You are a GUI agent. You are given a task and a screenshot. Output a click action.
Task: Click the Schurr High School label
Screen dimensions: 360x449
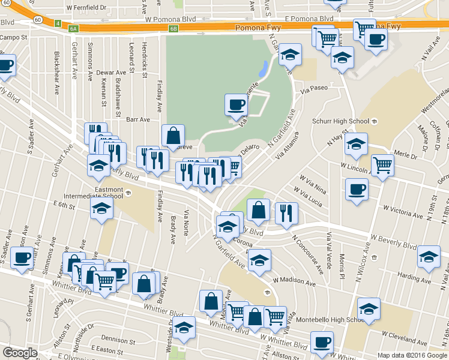pos(340,121)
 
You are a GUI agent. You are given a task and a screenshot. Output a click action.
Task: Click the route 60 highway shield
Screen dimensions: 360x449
pos(37,20)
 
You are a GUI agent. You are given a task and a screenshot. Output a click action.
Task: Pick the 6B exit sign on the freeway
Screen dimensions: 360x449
pos(174,28)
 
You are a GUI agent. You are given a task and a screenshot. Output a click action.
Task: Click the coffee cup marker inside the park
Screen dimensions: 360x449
pos(235,105)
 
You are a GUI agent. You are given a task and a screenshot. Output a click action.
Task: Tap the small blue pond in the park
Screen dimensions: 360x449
pos(263,68)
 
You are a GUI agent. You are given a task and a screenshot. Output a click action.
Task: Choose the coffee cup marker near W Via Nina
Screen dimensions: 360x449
pos(357,189)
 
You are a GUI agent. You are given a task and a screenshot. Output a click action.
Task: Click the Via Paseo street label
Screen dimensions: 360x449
pos(314,88)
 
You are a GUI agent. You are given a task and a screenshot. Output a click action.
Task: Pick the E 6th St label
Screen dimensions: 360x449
pos(63,205)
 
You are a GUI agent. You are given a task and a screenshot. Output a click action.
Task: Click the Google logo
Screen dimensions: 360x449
pos(20,353)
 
